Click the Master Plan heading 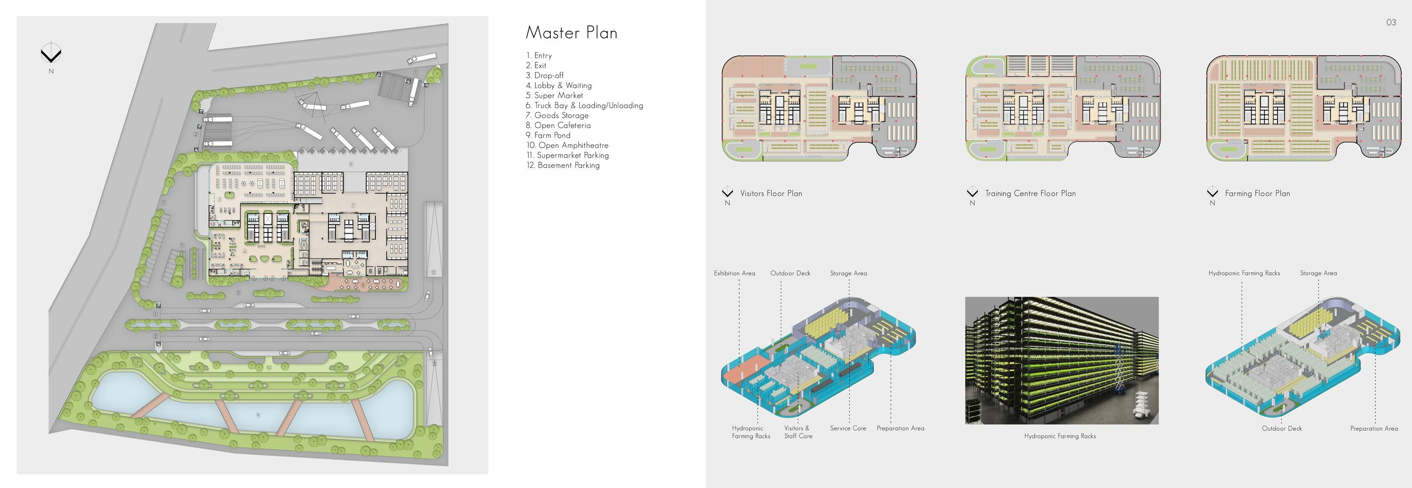(571, 33)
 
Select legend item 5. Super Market (554, 95)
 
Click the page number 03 (1391, 23)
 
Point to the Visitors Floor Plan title (771, 194)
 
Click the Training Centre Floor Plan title (1030, 194)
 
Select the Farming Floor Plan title (1257, 194)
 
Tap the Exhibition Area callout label (734, 273)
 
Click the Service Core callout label (848, 428)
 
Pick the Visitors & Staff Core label (798, 432)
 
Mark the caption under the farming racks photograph (1060, 436)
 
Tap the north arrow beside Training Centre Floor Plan (972, 192)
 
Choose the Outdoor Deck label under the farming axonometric (1281, 428)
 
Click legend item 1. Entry (539, 56)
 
